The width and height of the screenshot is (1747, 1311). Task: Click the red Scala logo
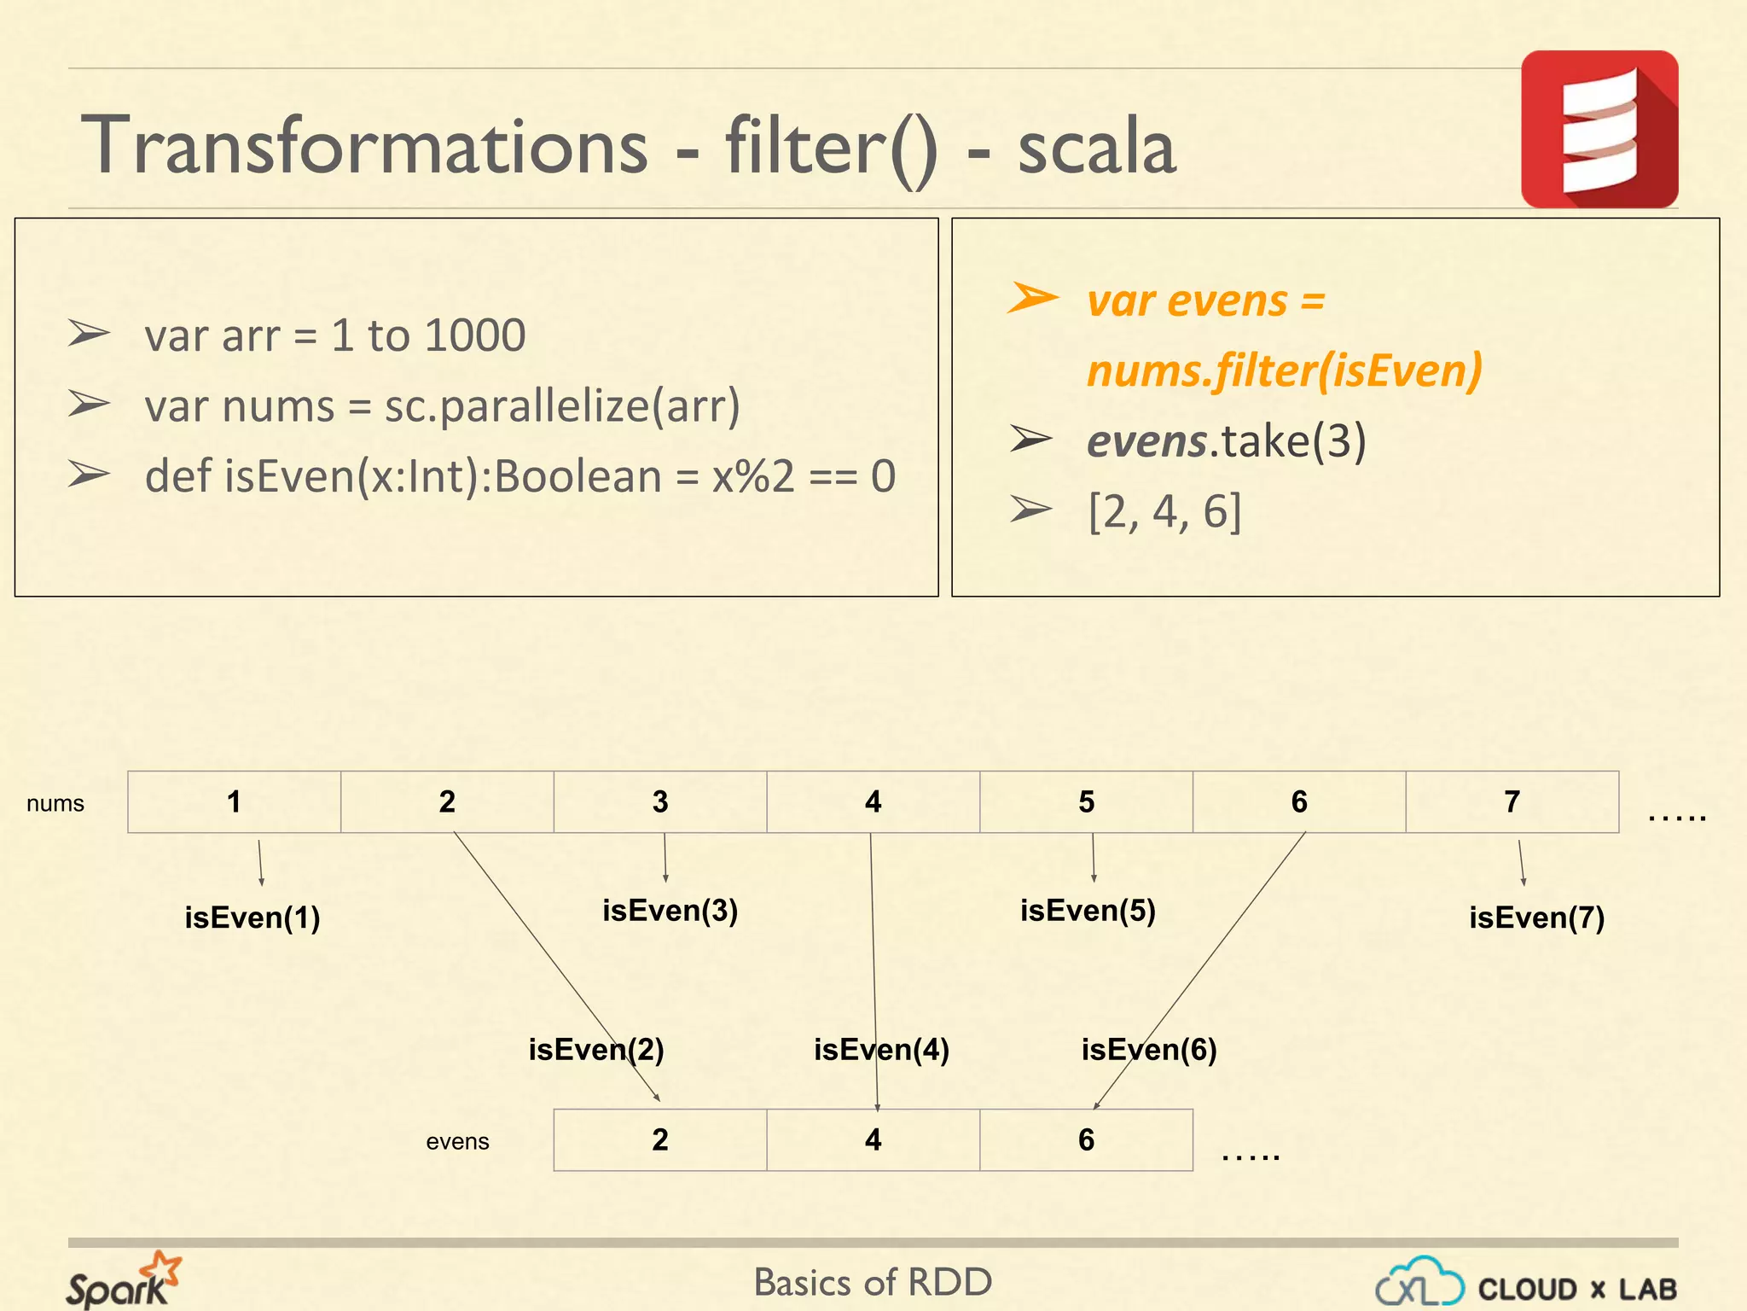[1599, 129]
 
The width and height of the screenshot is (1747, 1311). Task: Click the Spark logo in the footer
[124, 1280]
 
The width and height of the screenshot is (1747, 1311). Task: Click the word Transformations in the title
[364, 146]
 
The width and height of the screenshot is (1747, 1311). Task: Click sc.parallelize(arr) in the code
[562, 405]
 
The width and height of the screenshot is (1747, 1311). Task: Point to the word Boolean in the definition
[577, 476]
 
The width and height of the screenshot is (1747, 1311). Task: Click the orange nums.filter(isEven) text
[1284, 370]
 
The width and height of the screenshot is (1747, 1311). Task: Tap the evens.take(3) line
[1226, 440]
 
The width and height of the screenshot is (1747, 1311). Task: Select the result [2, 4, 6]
[1164, 511]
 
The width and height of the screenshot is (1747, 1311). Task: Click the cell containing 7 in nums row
[1512, 801]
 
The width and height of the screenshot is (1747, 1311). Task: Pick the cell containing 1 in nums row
[234, 801]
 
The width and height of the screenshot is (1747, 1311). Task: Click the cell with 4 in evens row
[873, 1139]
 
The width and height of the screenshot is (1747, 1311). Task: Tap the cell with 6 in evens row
[1086, 1139]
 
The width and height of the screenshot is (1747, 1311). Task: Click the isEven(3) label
[670, 910]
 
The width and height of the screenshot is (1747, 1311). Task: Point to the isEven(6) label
[1149, 1049]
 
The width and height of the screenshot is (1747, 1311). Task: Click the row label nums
[55, 803]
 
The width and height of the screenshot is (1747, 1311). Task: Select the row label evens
[457, 1141]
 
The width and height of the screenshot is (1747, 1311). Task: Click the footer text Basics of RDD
[873, 1282]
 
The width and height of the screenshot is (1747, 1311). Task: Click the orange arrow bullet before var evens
[1032, 299]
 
